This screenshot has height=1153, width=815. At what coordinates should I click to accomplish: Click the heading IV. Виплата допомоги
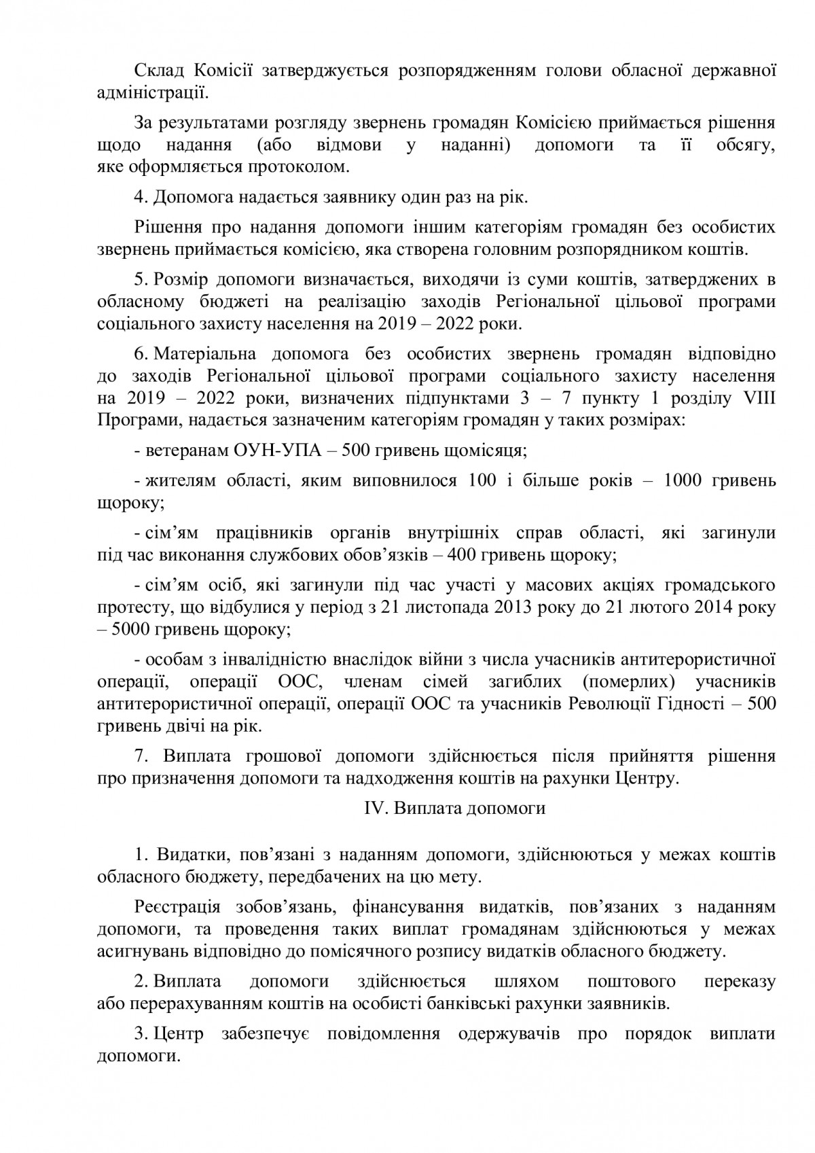click(x=451, y=809)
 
